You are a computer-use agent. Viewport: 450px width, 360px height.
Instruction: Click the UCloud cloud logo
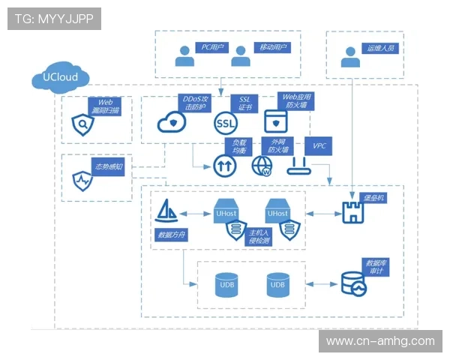(61, 77)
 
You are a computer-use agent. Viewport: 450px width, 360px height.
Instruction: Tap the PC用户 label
(212, 46)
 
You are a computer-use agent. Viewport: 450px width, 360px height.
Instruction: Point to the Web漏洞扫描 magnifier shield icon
(82, 124)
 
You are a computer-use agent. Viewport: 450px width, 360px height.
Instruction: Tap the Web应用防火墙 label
(296, 102)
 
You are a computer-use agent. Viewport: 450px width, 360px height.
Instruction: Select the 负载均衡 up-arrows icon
(224, 165)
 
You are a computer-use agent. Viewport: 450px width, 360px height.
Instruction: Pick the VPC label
(319, 145)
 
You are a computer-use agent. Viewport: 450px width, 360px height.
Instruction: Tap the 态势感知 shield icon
(81, 180)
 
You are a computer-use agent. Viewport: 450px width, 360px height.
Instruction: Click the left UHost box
(226, 211)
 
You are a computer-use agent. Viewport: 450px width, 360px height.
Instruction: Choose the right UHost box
(277, 211)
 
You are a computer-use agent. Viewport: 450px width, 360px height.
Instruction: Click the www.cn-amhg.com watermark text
(380, 340)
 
